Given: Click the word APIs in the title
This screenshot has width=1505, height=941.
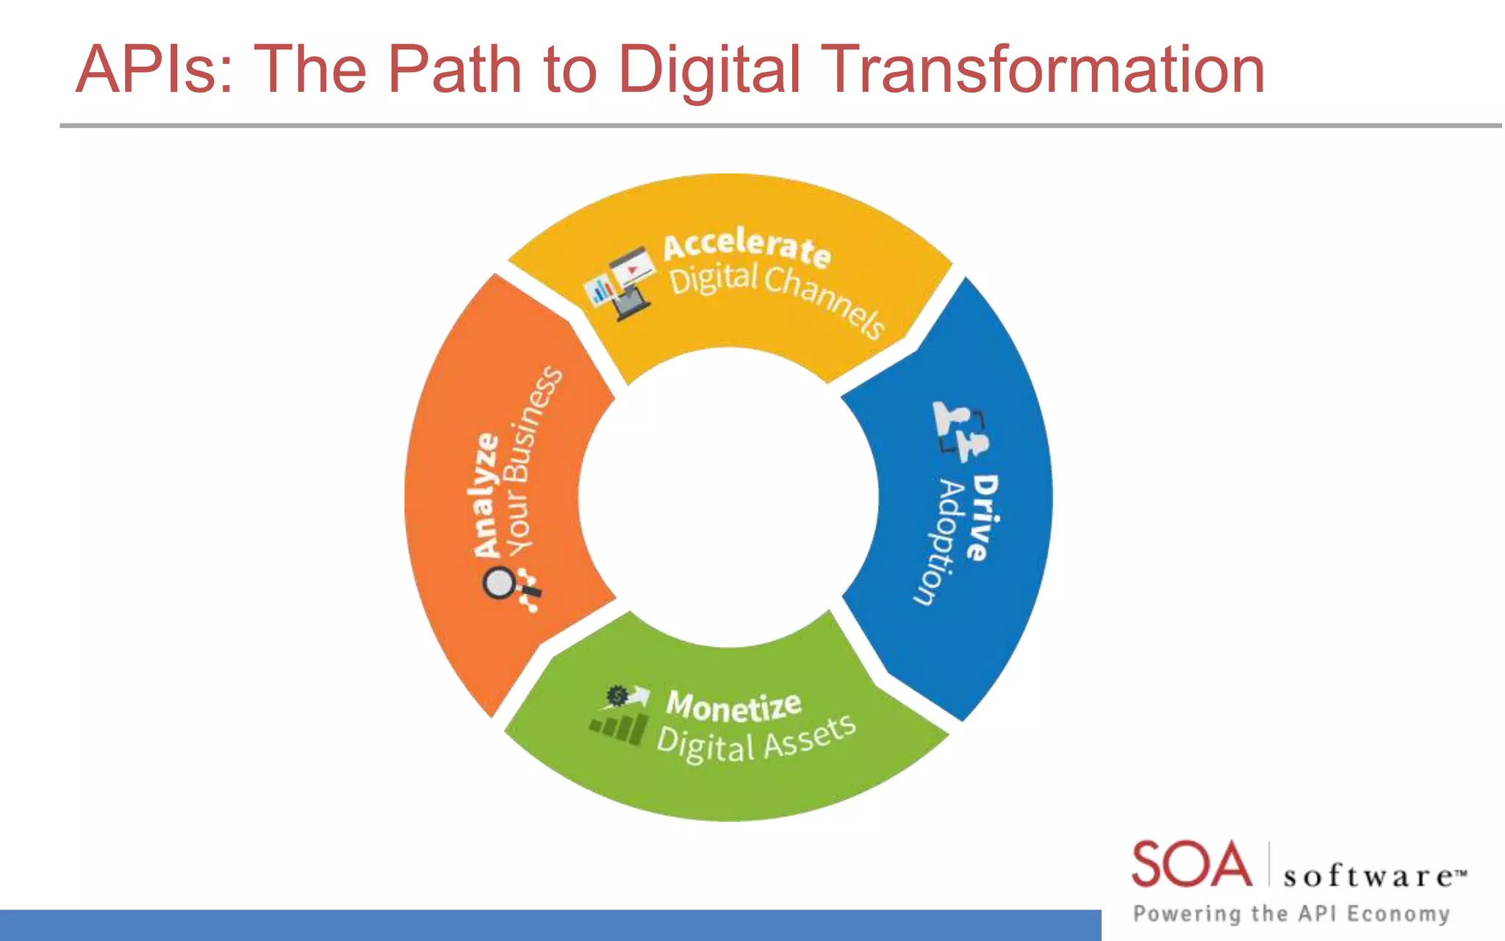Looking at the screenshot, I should [x=154, y=69].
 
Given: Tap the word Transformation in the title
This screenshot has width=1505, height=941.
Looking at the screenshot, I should [x=1044, y=69].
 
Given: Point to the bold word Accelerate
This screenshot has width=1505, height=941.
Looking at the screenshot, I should [x=747, y=245].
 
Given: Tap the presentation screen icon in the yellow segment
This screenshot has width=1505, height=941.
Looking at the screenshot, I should [x=621, y=283].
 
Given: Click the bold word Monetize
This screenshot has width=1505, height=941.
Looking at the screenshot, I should [x=733, y=706].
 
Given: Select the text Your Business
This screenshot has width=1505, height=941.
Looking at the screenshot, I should [x=534, y=462].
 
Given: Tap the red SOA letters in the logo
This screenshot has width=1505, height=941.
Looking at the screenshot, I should [x=1191, y=865].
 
